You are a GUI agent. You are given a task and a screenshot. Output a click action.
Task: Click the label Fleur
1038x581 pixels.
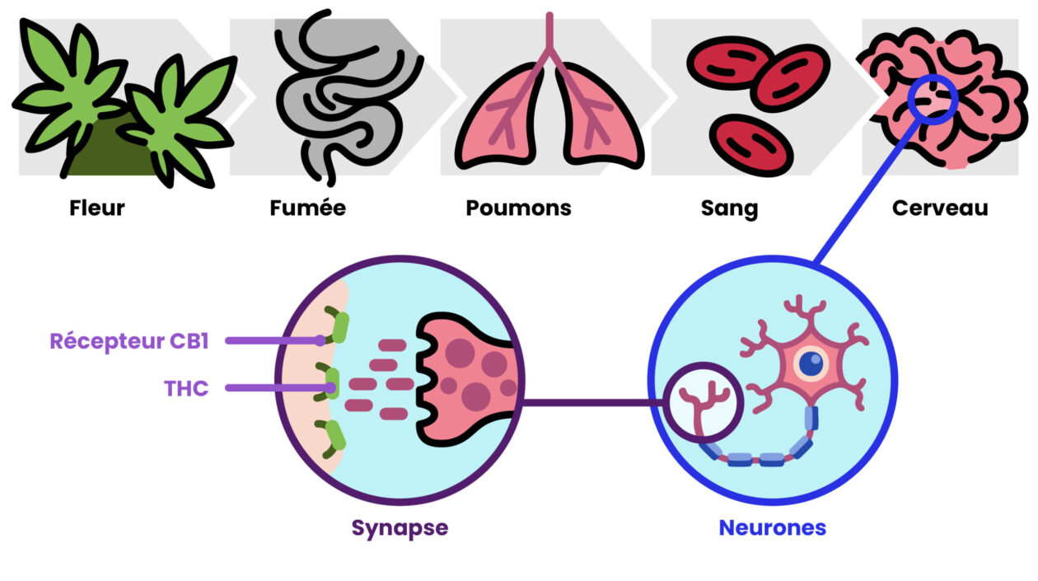[x=97, y=208]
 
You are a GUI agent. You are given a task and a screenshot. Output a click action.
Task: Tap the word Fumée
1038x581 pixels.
[x=307, y=208]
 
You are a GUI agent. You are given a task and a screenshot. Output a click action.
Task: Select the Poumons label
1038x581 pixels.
[x=518, y=208]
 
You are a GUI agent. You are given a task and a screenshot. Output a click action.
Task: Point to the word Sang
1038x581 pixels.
[x=729, y=208]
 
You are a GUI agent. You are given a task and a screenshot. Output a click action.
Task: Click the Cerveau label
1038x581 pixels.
[x=939, y=208]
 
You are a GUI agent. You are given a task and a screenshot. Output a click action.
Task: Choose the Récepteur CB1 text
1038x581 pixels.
[x=129, y=341]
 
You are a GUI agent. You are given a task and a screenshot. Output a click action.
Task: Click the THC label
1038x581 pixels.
[x=186, y=387]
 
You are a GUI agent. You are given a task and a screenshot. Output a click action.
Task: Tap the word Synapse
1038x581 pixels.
[x=400, y=527]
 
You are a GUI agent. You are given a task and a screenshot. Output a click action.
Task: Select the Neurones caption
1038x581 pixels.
[x=772, y=527]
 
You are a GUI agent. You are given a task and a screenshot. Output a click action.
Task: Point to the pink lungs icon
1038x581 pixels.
[x=549, y=115]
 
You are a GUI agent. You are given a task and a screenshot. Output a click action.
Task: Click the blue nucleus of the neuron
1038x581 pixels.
[x=811, y=363]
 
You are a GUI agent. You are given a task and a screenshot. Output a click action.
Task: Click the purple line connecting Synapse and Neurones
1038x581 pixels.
[x=593, y=403]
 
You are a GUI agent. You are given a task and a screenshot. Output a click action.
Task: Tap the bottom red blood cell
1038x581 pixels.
[x=750, y=145]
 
